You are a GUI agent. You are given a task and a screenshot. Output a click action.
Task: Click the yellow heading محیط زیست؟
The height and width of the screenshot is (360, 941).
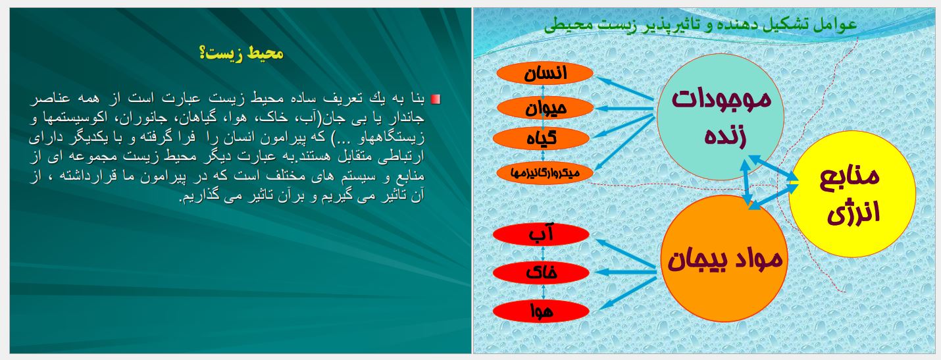pos(242,53)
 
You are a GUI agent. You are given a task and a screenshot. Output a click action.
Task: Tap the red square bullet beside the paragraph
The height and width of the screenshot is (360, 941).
pos(436,99)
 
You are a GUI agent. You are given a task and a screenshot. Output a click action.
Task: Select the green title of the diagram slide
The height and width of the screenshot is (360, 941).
pos(700,24)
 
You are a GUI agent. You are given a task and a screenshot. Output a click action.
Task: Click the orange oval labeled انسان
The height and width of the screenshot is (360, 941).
pos(545,73)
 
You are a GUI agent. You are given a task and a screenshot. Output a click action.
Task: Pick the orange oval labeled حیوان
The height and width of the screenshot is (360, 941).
pos(545,108)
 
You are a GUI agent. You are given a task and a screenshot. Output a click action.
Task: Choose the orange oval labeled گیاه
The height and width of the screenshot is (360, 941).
pos(541,139)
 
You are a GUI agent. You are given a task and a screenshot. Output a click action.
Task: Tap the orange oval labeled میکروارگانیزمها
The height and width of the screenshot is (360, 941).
pos(545,172)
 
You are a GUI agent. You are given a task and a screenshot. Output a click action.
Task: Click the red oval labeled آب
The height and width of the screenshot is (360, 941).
pos(541,234)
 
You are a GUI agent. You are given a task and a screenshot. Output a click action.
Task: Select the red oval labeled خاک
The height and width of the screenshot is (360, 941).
pos(541,272)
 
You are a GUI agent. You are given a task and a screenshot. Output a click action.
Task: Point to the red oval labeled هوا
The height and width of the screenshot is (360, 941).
pos(541,311)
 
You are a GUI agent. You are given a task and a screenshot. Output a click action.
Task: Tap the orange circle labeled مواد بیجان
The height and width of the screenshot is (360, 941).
pos(725,259)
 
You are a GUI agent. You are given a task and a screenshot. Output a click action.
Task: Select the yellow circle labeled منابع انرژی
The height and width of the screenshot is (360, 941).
pos(852,194)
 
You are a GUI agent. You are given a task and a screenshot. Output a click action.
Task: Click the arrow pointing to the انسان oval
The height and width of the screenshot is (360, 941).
pos(625,89)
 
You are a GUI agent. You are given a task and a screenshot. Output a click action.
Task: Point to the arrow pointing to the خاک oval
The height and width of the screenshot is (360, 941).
pos(626,272)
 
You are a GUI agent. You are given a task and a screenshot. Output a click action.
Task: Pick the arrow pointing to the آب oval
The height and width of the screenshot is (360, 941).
pos(626,254)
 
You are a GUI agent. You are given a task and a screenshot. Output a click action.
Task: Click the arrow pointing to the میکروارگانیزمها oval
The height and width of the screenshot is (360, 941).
pos(624,143)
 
